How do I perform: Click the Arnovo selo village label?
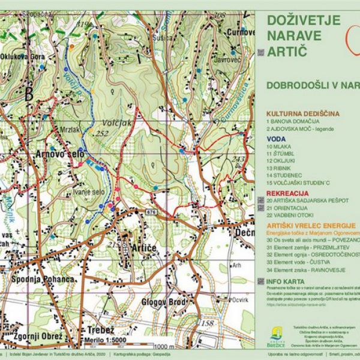point(61,155)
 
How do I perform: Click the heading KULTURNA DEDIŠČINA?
point(303,113)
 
